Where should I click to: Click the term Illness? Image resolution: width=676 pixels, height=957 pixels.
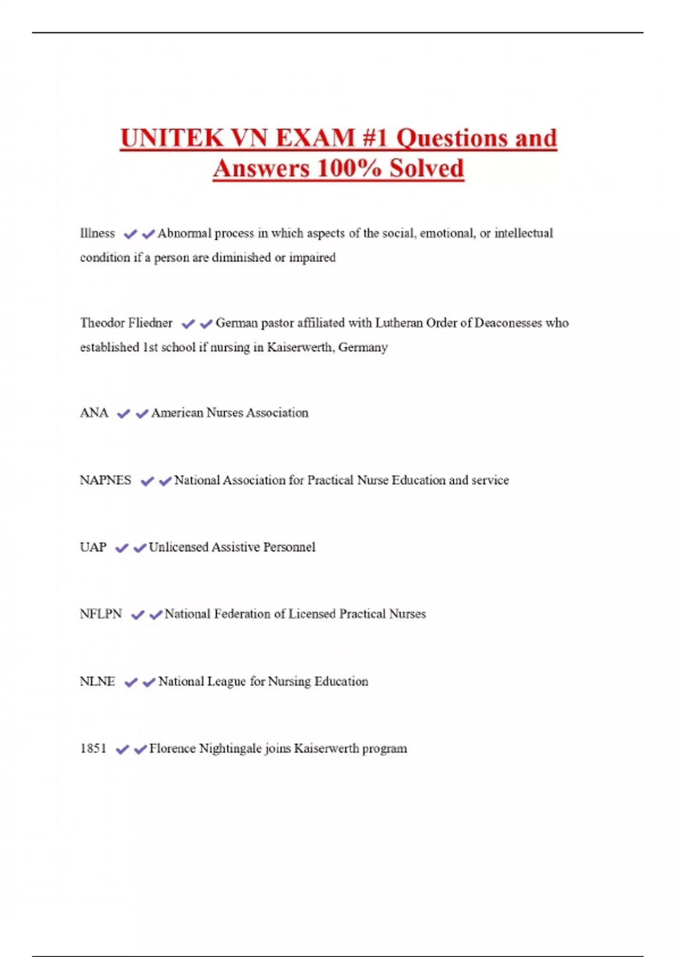click(97, 234)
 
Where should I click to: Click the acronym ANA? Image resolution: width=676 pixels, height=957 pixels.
click(94, 413)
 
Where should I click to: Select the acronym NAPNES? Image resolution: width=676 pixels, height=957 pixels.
click(105, 480)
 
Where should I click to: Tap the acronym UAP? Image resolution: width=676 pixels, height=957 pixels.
click(93, 547)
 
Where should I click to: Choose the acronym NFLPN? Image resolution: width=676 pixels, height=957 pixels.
click(101, 614)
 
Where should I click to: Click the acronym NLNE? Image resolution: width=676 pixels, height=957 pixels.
click(97, 682)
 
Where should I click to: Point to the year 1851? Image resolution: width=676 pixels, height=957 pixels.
click(93, 749)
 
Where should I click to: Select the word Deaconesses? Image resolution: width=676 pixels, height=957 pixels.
click(508, 323)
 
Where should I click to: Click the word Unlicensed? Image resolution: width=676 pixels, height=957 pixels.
click(178, 547)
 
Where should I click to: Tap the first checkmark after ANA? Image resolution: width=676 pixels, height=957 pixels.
click(123, 414)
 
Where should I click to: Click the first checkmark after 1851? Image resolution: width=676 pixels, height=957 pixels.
click(122, 749)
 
